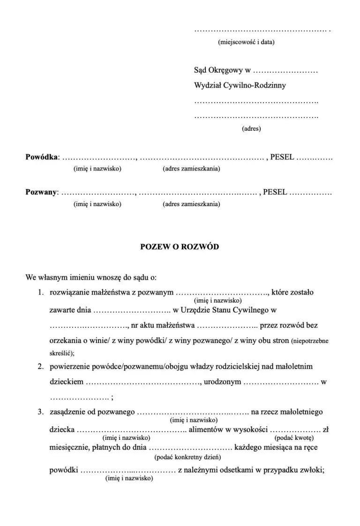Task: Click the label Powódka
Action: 42,157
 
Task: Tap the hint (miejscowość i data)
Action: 246,42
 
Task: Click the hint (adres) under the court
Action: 251,128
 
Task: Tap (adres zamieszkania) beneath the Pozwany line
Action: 191,204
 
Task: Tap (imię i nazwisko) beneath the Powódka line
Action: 97,169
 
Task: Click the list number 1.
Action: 41,293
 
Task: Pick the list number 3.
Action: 41,412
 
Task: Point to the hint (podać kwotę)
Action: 294,437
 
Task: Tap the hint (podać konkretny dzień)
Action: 187,456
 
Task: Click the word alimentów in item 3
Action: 207,430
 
